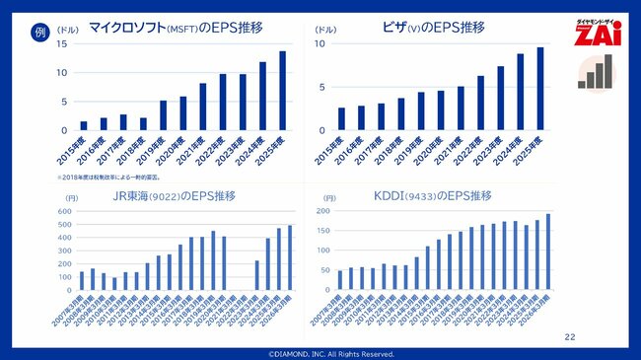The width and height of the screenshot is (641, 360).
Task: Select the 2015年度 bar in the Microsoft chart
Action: (84, 125)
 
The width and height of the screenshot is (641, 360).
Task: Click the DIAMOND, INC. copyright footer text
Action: (320, 353)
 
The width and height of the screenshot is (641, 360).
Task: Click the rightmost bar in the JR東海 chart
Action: (290, 258)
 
